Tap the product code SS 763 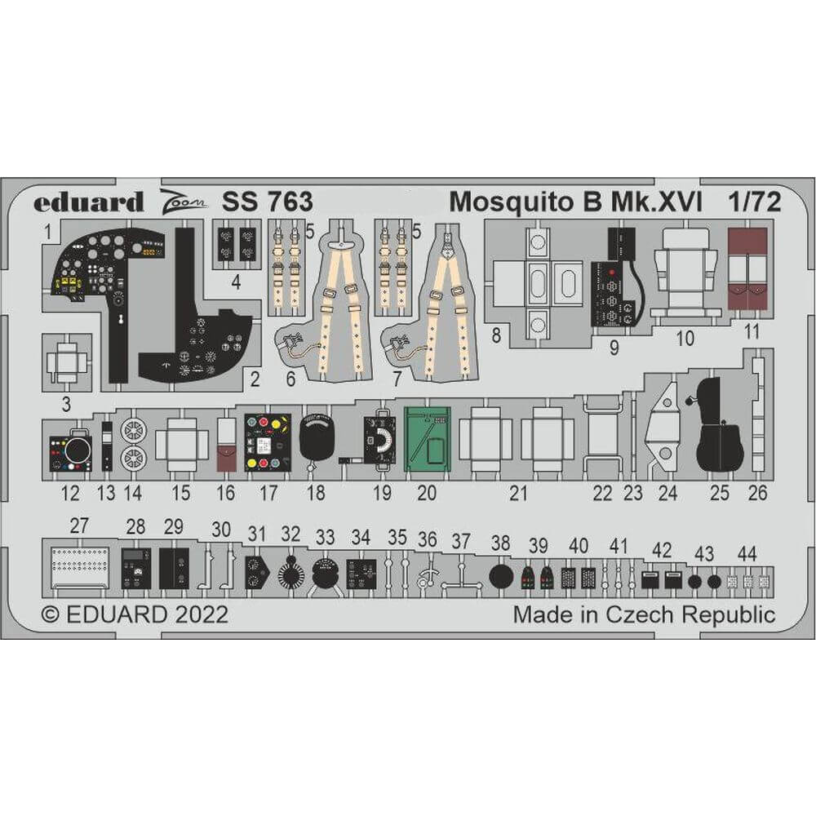(267, 202)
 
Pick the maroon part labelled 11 (747, 269)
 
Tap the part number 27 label (78, 526)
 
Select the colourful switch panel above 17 (268, 442)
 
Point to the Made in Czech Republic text (644, 614)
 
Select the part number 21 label (519, 493)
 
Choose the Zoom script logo (180, 202)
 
